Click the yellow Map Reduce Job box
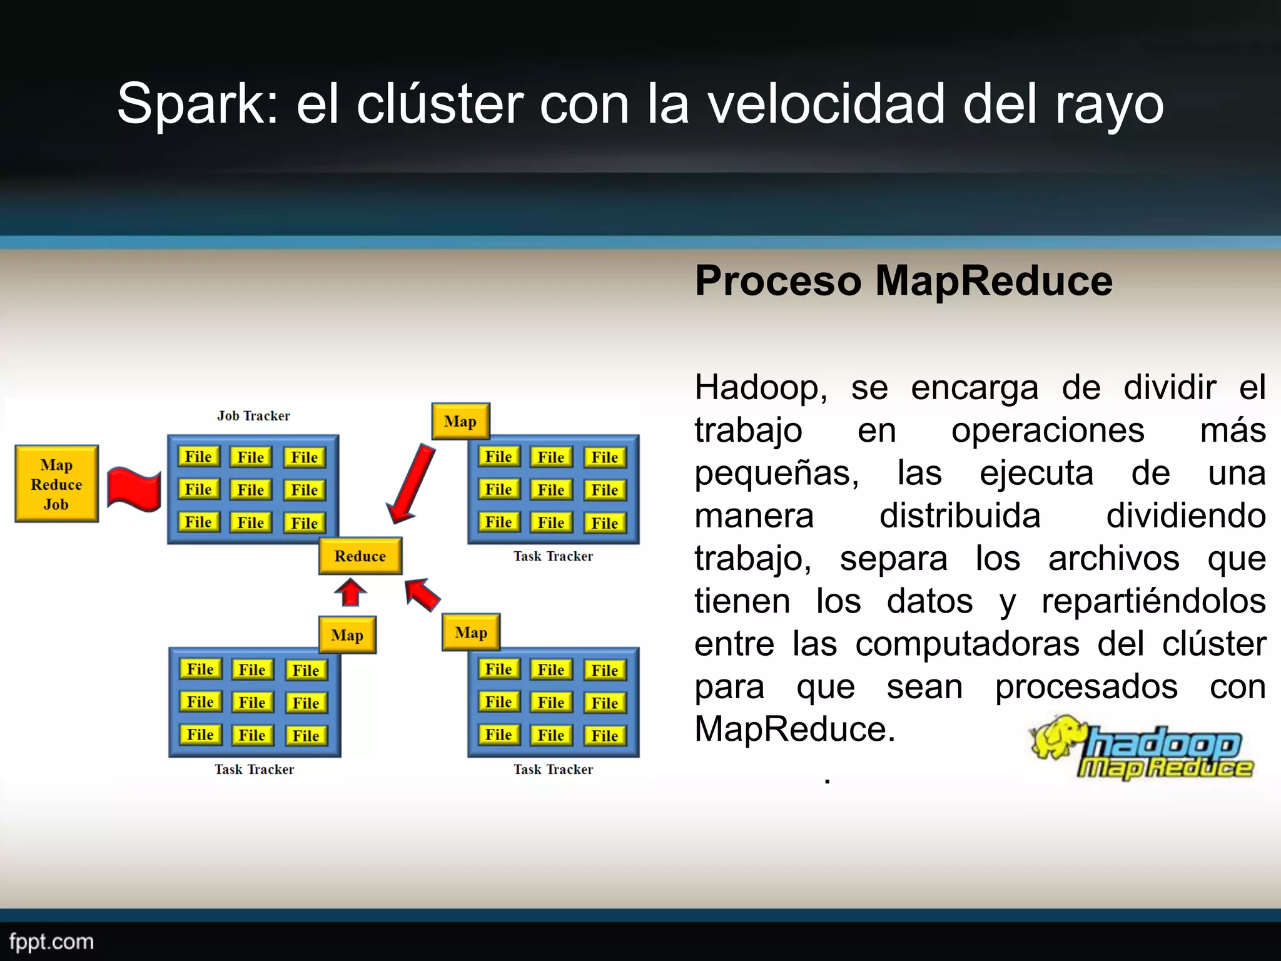coord(56,484)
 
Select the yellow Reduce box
coord(360,556)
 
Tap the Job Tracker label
coord(253,416)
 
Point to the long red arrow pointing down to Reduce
coord(411,483)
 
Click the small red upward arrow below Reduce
coord(350,592)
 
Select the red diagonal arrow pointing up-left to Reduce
coord(422,594)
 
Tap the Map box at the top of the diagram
coord(460,421)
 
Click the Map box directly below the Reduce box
coord(347,635)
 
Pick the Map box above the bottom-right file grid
coord(471,633)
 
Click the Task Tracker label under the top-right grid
coord(553,556)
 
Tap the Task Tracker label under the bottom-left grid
coord(254,770)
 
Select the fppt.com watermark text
coord(51,942)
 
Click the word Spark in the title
coord(197,104)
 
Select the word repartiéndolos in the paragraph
coord(1153,601)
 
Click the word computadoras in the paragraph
coord(968,644)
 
